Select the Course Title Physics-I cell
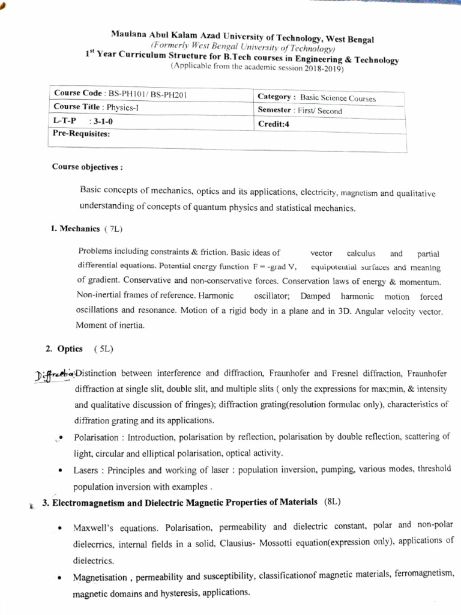pos(96,108)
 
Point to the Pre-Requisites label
pos(77,134)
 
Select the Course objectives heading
pos(79,166)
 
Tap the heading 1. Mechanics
pos(76,228)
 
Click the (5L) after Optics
pos(103,348)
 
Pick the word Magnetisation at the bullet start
pos(100,578)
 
